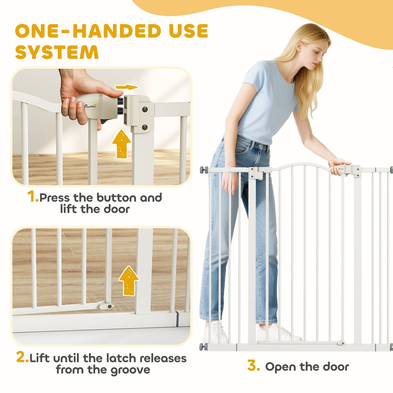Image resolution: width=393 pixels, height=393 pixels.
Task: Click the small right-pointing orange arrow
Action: pos(126,87)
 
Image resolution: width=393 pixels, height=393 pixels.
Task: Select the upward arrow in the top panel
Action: pos(122,144)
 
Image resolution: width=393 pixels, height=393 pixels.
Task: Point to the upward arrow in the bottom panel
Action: pos(129,280)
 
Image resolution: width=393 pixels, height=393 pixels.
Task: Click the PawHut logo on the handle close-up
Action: pos(91,106)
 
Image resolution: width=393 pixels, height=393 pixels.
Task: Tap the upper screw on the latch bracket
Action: pos(145,109)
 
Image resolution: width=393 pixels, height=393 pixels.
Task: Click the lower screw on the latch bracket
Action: pos(145,128)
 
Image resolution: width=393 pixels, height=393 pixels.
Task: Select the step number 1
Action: pos(33,197)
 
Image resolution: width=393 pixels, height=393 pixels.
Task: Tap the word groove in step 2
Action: pos(130,370)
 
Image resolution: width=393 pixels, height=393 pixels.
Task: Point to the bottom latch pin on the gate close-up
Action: pos(106,306)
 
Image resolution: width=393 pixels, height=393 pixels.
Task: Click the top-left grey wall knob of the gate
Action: pos(204,169)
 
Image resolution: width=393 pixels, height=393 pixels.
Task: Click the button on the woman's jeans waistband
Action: pos(260,146)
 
